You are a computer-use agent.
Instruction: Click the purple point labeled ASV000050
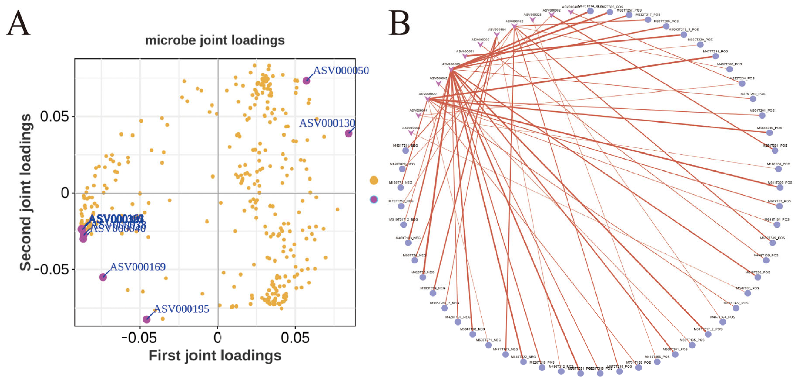[306, 81]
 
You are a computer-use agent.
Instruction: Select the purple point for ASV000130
[348, 133]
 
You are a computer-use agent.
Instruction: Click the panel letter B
[399, 23]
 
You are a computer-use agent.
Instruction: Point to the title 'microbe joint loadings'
[215, 40]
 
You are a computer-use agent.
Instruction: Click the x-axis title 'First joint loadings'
[215, 355]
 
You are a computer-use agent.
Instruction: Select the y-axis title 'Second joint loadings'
[25, 192]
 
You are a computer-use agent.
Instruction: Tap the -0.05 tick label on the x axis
[139, 338]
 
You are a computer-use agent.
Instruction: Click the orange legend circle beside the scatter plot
[374, 180]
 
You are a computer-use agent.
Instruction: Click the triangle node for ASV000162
[514, 26]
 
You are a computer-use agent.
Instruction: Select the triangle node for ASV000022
[428, 99]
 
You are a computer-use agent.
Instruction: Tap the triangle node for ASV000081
[465, 56]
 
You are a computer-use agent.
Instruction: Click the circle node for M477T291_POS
[716, 56]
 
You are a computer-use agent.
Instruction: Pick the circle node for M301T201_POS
[762, 116]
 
